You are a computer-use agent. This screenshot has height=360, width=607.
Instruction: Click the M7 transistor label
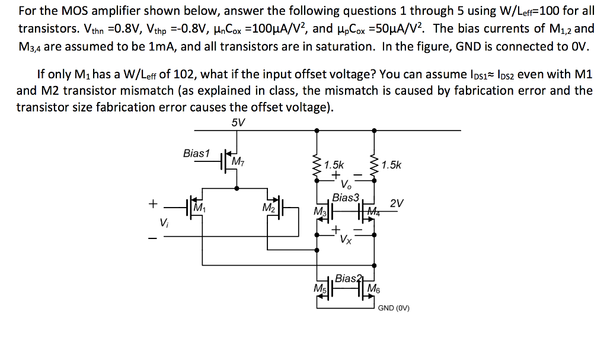tap(238, 161)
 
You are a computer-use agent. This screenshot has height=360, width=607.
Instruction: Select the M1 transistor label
tap(199, 208)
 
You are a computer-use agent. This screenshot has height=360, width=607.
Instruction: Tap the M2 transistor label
tap(268, 208)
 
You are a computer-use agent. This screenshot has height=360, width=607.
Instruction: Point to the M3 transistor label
tap(320, 212)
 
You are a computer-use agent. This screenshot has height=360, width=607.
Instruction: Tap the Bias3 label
tap(346, 197)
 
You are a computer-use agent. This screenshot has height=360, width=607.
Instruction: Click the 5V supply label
tap(238, 122)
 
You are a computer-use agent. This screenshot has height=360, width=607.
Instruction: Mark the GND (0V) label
tap(394, 308)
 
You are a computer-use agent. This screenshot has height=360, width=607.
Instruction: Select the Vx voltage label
tap(346, 240)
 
